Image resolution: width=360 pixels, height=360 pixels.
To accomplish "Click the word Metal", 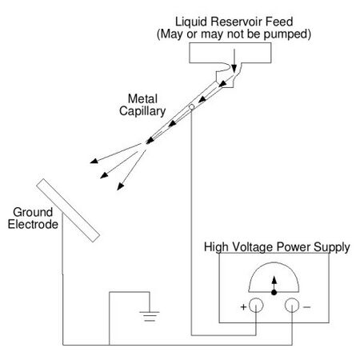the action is (x=142, y=98).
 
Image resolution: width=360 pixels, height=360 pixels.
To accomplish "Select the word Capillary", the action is (x=142, y=111).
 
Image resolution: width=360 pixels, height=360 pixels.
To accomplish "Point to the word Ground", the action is (x=33, y=212).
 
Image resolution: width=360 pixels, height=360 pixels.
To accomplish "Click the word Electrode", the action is (x=33, y=224).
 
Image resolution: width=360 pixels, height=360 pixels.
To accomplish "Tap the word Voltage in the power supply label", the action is (x=253, y=247).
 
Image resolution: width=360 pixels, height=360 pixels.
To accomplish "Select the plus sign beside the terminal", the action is (x=243, y=307).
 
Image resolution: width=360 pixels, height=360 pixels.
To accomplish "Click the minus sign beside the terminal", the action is (x=307, y=307).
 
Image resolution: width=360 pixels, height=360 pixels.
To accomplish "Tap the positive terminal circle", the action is (x=256, y=306).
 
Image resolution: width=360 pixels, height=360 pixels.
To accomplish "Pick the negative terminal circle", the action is (x=292, y=306).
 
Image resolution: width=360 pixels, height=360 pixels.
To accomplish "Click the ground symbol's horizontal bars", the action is (x=150, y=316).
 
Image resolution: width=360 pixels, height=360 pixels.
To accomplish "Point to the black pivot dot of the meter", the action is (x=274, y=293).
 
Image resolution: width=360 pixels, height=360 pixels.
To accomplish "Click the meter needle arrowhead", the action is (x=274, y=280).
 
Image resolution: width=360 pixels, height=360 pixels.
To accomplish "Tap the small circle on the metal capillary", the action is (x=191, y=107).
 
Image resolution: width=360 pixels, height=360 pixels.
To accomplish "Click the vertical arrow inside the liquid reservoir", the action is (x=234, y=61).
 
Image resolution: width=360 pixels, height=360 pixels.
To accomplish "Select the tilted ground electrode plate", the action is (x=68, y=210).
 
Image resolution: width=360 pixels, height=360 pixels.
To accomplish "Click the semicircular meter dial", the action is (x=274, y=262).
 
